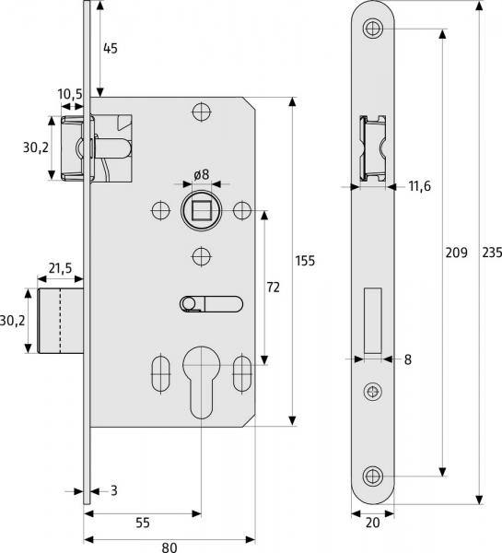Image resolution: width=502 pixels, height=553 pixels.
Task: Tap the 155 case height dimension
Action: [x=304, y=261]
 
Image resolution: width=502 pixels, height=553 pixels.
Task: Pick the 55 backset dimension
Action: [x=142, y=522]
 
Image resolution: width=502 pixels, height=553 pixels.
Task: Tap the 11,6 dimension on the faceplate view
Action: [x=419, y=187]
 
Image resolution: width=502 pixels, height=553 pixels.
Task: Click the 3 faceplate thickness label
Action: [x=112, y=491]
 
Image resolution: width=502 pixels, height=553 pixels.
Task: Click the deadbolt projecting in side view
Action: [x=62, y=320]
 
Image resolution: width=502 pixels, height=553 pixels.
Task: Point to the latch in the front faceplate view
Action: [x=372, y=148]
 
